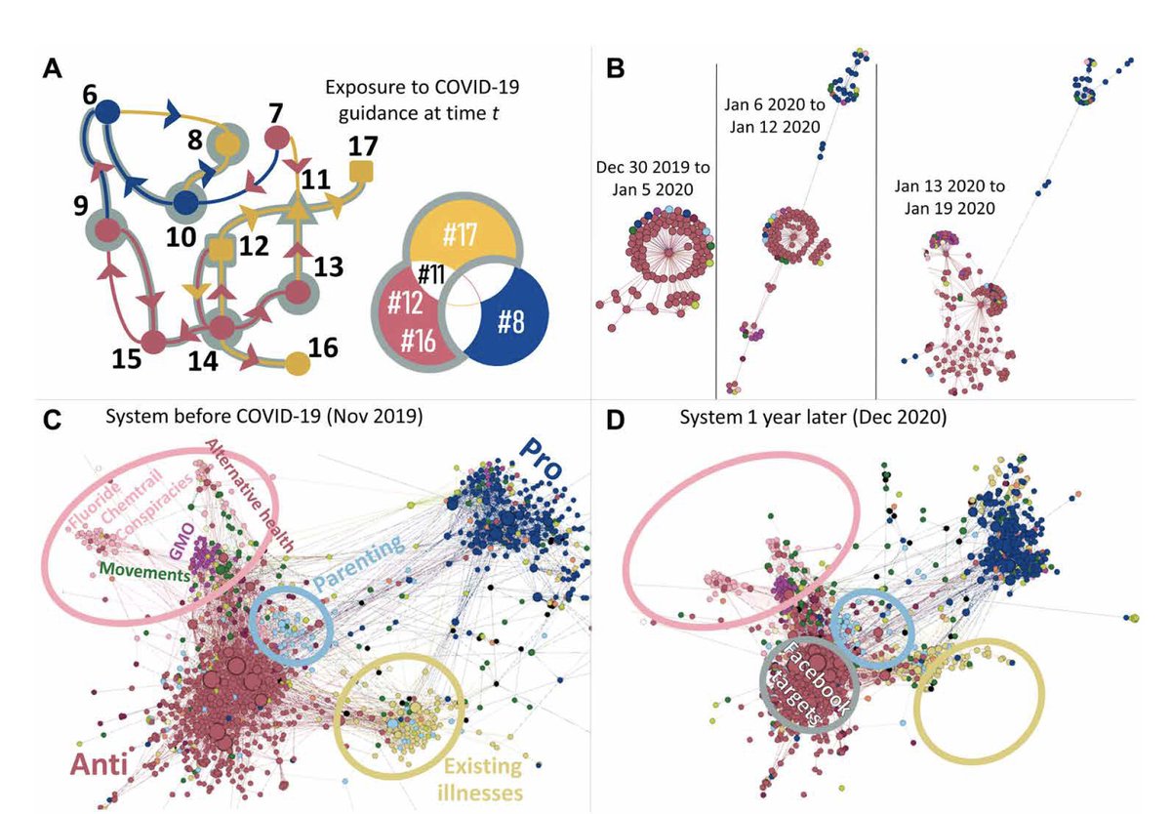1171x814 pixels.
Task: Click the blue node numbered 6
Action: pyautogui.click(x=108, y=111)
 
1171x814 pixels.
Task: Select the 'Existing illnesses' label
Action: pyautogui.click(x=481, y=774)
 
